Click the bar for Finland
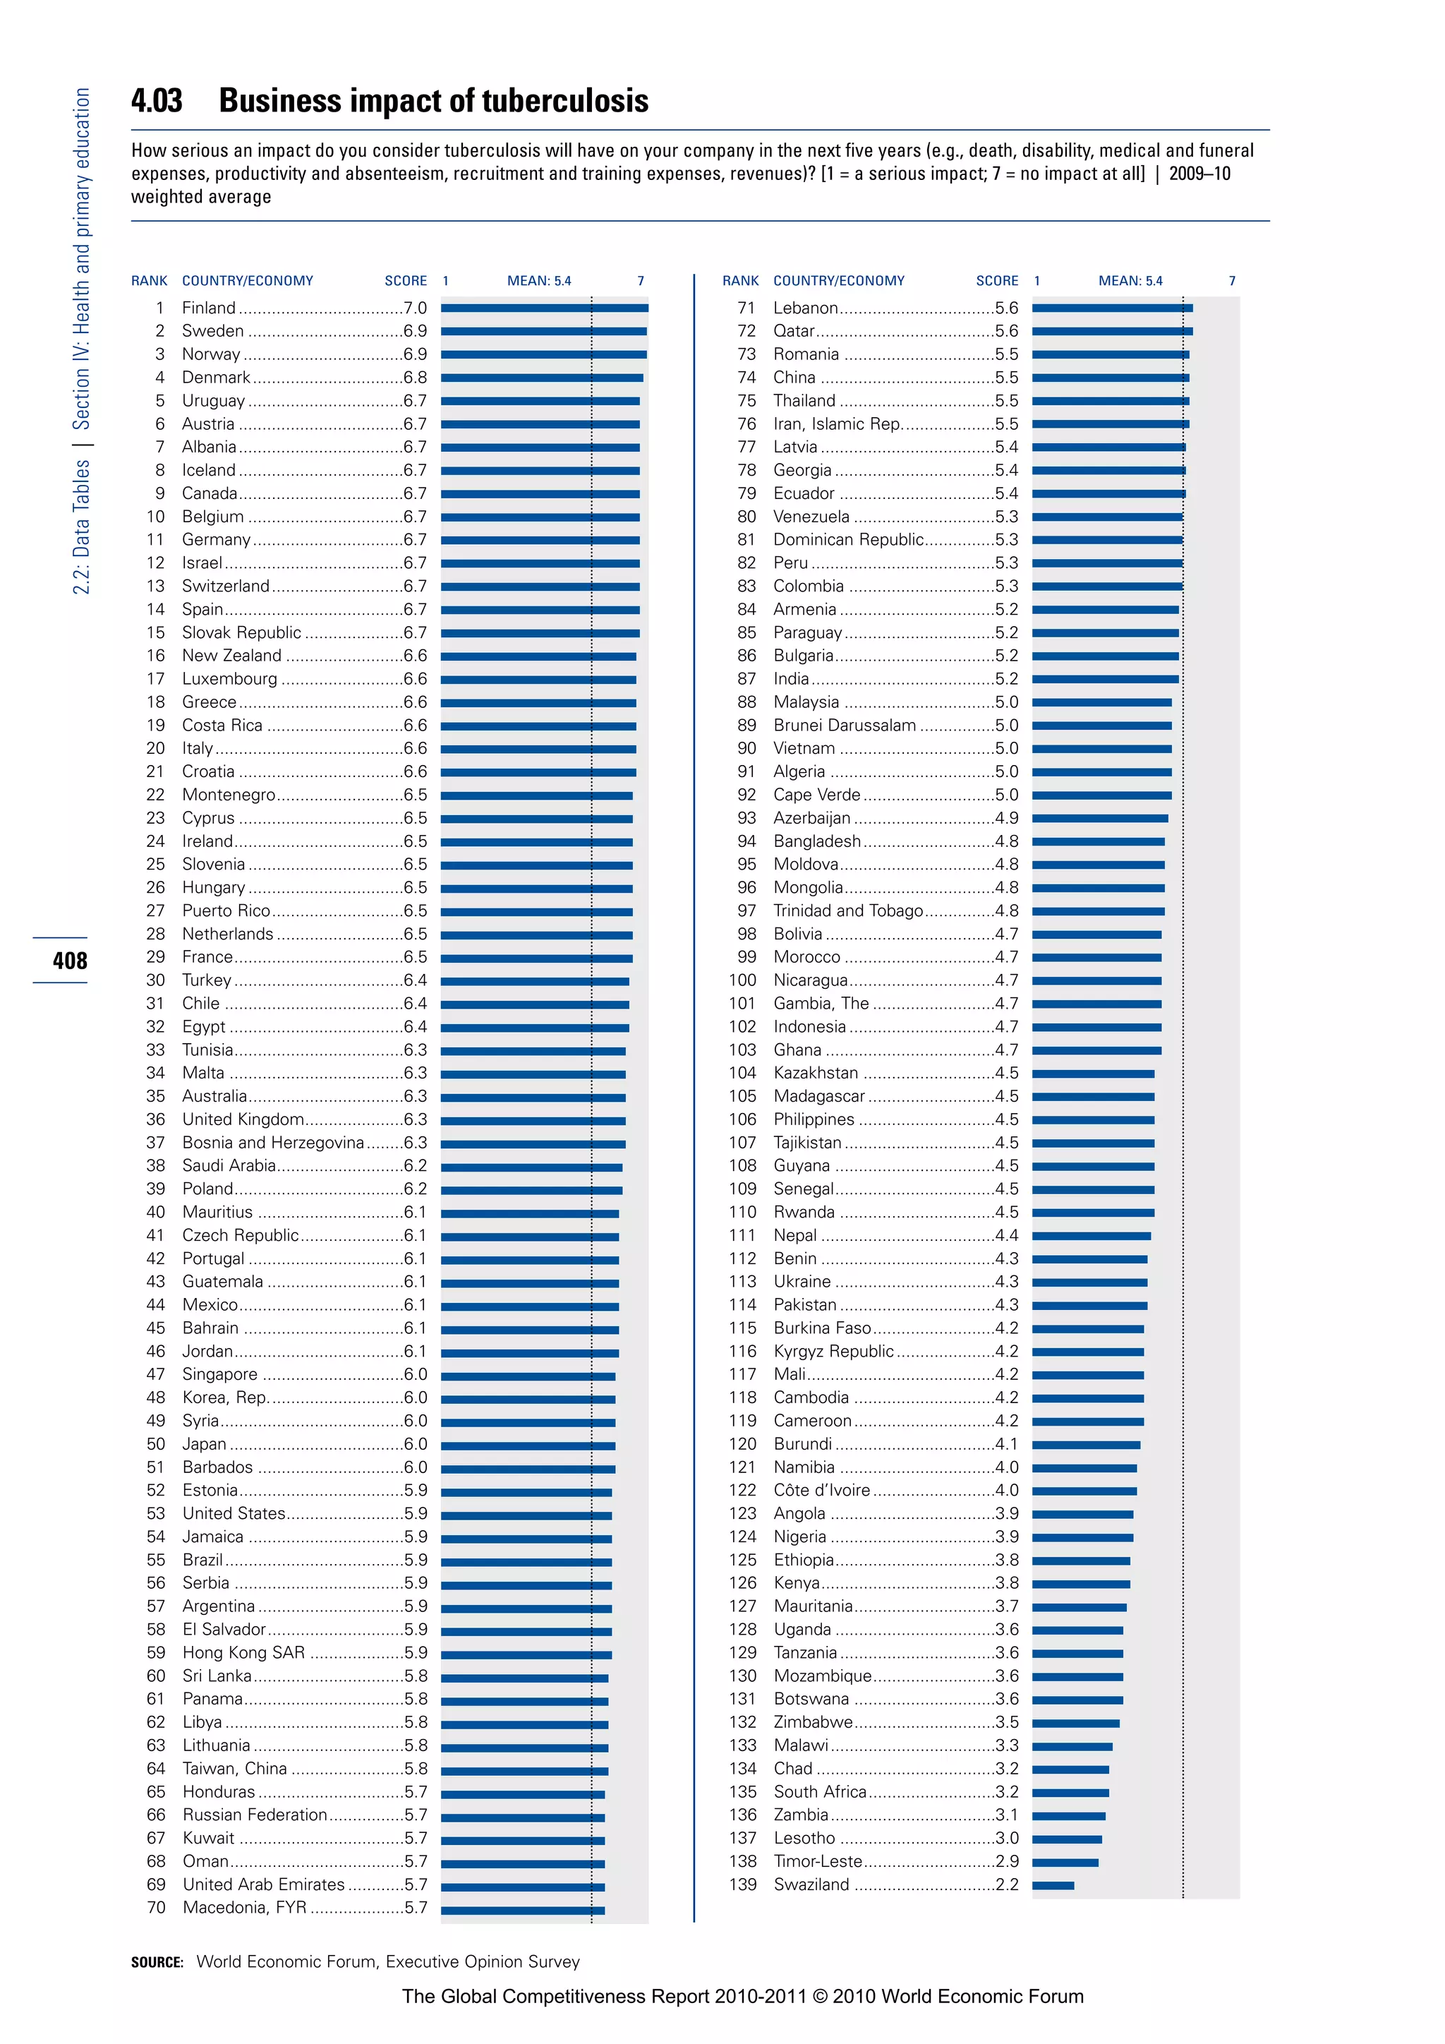pos(545,308)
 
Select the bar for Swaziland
pos(1053,1884)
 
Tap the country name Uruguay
pos(214,401)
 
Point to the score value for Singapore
pos(416,1374)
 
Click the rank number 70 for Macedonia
pos(156,1908)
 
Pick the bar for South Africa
pos(1070,1792)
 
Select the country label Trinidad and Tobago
pos(848,910)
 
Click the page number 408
pos(69,961)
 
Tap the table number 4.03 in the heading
pos(157,101)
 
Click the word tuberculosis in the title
pos(565,101)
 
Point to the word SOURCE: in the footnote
pos(157,1962)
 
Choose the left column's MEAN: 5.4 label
pos(539,280)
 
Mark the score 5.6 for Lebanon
pos(1008,308)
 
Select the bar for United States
pos(526,1515)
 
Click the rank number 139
pos(743,1884)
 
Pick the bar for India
pos(1105,679)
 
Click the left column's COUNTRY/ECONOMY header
pos(248,280)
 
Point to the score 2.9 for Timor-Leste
pos(1008,1861)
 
